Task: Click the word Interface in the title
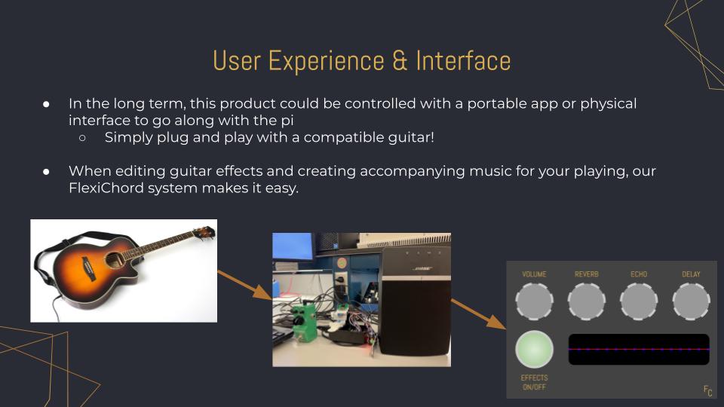(463, 61)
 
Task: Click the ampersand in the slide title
(400, 61)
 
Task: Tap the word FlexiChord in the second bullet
(106, 188)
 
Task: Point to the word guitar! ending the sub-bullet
(411, 137)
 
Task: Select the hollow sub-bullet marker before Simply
(82, 137)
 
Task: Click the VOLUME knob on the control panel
(534, 301)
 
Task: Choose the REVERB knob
(587, 301)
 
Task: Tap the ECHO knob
(639, 301)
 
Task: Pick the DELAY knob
(692, 301)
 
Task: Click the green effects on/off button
(534, 349)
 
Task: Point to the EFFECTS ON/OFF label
(534, 383)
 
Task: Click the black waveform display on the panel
(639, 349)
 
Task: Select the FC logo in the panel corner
(708, 391)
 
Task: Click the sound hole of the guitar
(113, 260)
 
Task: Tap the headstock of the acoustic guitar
(204, 232)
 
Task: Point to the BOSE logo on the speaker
(422, 268)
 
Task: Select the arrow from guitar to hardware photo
(244, 286)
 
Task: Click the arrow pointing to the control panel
(479, 314)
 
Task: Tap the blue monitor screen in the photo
(293, 246)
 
